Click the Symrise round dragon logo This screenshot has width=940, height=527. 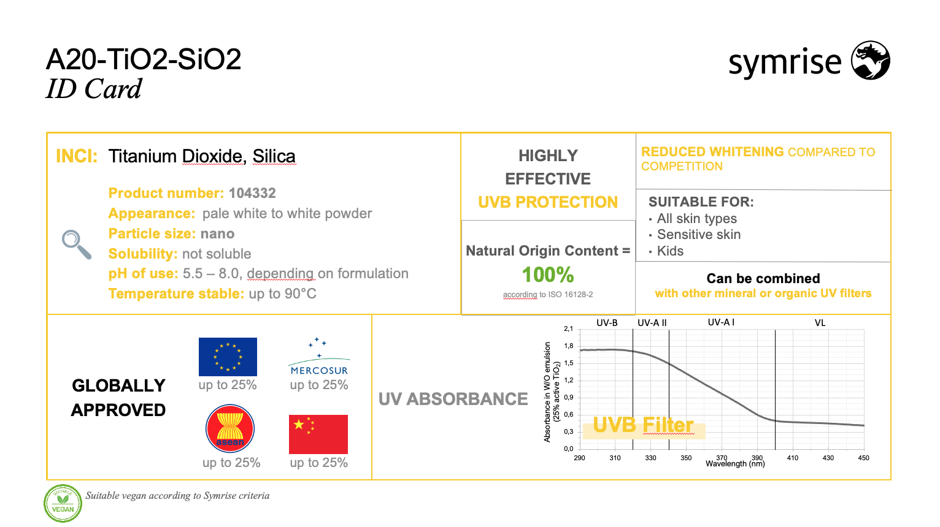[x=870, y=60]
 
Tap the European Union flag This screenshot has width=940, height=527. [x=228, y=357]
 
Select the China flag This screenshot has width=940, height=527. [x=318, y=434]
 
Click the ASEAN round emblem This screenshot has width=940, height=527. [x=230, y=428]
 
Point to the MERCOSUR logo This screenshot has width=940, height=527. [x=319, y=356]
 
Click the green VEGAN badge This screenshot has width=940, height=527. [x=63, y=504]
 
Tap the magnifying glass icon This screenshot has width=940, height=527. [x=76, y=245]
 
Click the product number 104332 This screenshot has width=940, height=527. [x=252, y=193]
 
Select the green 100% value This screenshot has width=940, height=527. [x=548, y=275]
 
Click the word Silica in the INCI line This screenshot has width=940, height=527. [x=274, y=156]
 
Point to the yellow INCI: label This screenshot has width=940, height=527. [x=77, y=156]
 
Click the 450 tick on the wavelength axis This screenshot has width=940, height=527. [x=863, y=458]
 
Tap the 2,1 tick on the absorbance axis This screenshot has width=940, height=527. [x=569, y=328]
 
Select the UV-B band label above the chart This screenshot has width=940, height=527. [x=607, y=323]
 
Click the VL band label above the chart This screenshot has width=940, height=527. [x=820, y=323]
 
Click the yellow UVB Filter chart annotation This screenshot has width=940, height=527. [x=643, y=425]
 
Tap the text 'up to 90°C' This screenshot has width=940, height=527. [x=282, y=294]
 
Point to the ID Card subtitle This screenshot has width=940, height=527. [x=94, y=89]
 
